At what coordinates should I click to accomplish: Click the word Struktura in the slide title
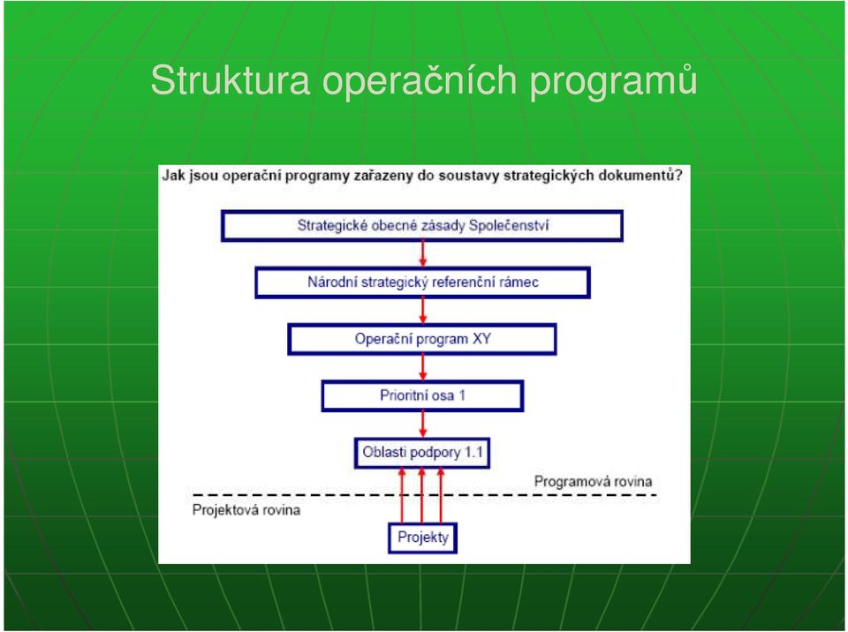coord(231,80)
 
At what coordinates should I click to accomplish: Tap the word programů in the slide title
coord(613,82)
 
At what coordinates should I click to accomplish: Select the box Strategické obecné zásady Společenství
coord(422,225)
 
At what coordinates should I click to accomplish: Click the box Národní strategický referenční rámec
coord(422,282)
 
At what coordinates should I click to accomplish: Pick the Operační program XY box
coord(422,339)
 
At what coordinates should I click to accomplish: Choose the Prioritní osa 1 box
coord(422,395)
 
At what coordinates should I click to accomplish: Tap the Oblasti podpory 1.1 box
coord(422,453)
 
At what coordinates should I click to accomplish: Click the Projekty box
coord(423,538)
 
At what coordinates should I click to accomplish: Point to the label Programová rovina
coord(593,481)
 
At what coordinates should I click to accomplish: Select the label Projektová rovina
coord(246,510)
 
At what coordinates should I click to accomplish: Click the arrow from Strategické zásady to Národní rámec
coord(423,254)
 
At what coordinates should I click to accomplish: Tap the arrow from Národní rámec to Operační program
coord(423,311)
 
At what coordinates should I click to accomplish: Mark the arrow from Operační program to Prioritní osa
coord(423,367)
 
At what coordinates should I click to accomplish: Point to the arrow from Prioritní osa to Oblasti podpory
coord(423,425)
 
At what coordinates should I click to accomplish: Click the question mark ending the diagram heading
coord(678,175)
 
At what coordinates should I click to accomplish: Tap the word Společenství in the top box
coord(509,225)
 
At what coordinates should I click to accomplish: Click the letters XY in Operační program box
coord(481,339)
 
